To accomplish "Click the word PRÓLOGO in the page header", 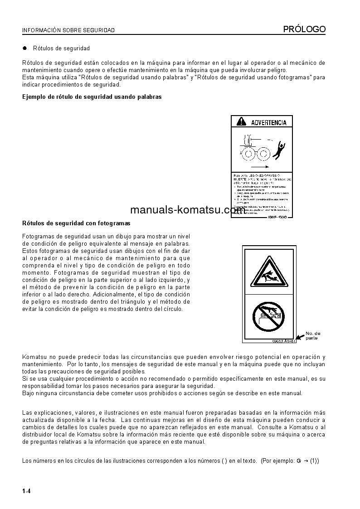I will click(x=304, y=29).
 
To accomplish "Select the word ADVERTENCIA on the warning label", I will click(x=268, y=122).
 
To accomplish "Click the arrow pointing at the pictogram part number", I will click(x=300, y=339).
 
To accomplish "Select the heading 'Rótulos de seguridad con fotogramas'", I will click(x=76, y=223).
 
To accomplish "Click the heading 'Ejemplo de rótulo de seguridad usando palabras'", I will click(x=92, y=97).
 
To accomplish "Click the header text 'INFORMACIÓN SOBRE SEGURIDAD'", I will click(x=68, y=30).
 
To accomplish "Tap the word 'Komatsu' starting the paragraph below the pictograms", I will click(x=34, y=357).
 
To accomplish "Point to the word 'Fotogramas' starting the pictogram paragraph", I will click(x=38, y=237).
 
